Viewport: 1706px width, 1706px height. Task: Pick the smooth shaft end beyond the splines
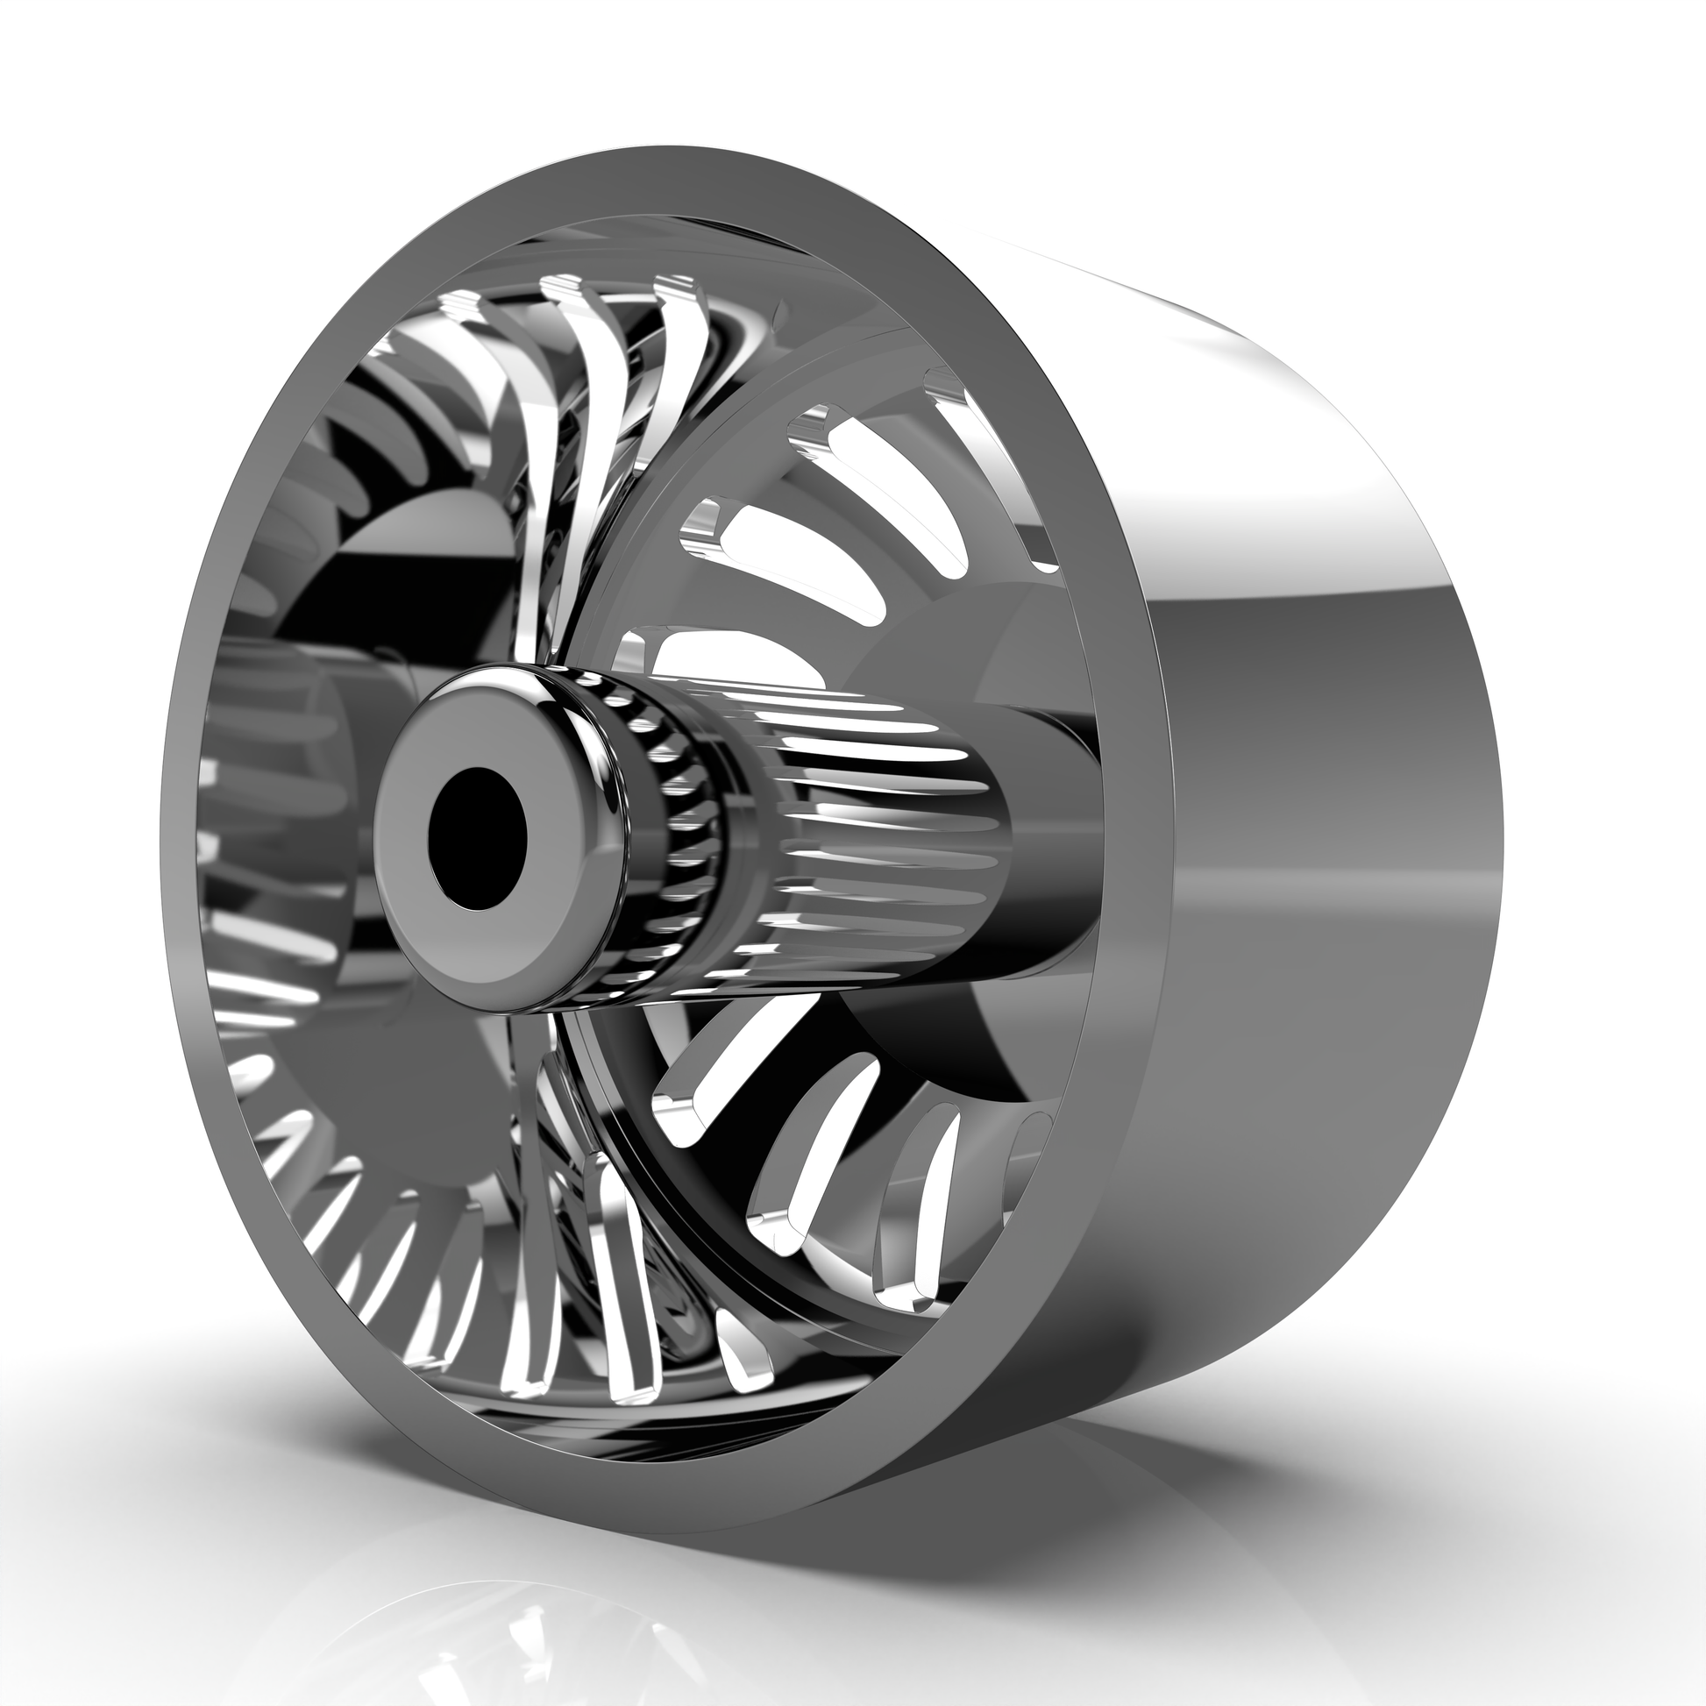[x=1051, y=839]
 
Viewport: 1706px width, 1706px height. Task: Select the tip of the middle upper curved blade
[x=565, y=288]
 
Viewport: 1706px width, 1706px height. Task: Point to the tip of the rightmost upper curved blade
[x=676, y=287]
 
